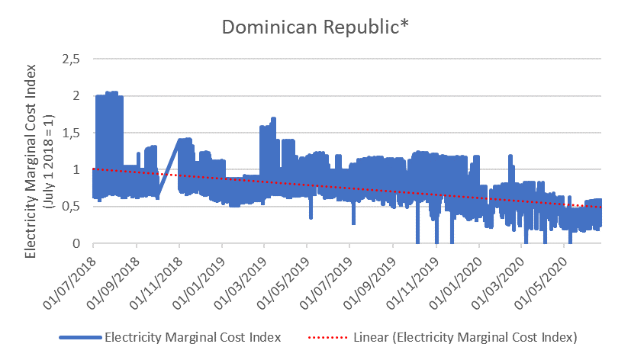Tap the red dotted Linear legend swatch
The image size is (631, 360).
coord(328,336)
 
